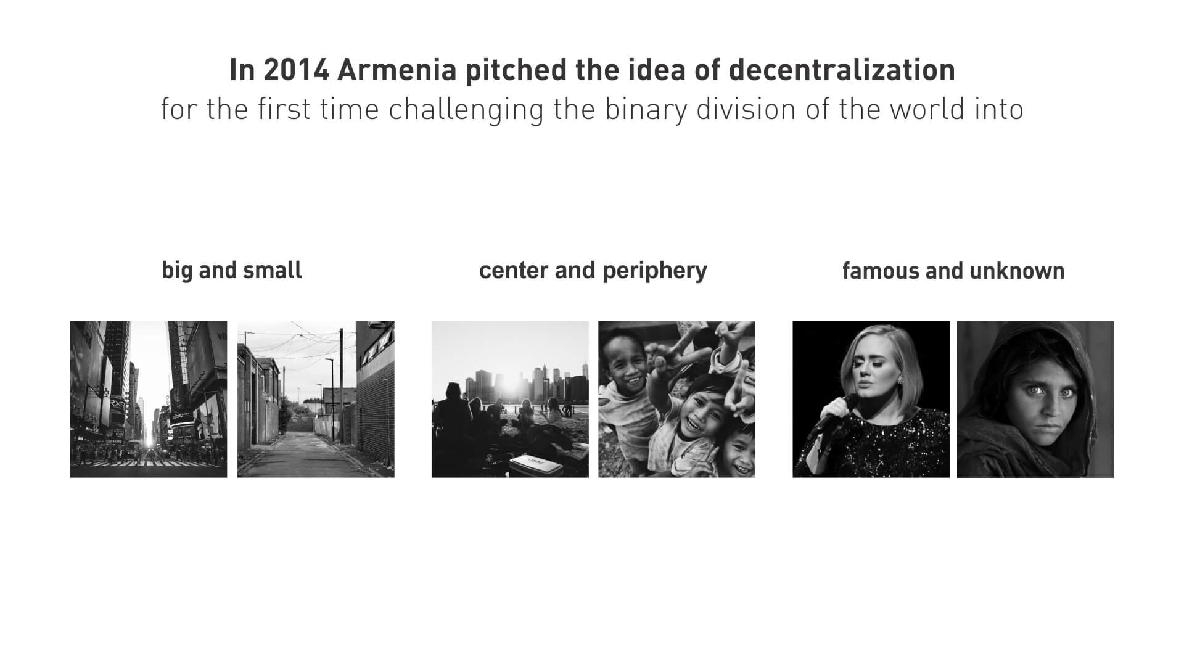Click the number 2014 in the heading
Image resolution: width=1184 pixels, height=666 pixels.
[297, 70]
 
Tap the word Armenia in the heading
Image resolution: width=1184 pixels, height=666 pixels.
[397, 70]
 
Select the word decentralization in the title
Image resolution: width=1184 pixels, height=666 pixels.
[842, 70]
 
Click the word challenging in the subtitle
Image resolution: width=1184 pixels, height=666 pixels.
[466, 110]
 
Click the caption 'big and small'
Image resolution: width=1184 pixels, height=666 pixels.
[232, 271]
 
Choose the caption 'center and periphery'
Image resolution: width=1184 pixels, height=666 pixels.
[593, 271]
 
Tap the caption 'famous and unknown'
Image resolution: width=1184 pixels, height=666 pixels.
[953, 271]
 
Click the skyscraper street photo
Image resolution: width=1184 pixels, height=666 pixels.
[149, 399]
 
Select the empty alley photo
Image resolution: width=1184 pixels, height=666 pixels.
[316, 399]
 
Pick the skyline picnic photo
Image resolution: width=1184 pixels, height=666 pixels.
[510, 399]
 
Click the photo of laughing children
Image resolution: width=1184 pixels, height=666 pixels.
[676, 399]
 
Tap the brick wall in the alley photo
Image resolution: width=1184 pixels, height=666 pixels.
[376, 419]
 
